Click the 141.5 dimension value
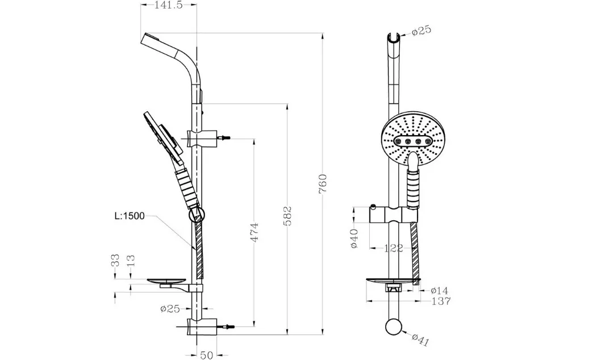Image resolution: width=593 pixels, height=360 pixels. pyautogui.click(x=168, y=5)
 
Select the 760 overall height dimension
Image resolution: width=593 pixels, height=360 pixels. pyautogui.click(x=323, y=184)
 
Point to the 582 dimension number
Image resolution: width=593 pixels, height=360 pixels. pyautogui.click(x=288, y=216)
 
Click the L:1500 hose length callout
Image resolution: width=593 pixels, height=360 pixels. pyautogui.click(x=130, y=216)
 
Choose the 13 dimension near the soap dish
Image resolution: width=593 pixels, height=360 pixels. pyautogui.click(x=131, y=261)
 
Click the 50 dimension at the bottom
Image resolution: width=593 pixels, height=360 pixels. pyautogui.click(x=207, y=355)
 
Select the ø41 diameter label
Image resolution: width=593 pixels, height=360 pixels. pyautogui.click(x=420, y=340)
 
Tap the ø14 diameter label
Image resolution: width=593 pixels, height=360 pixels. pyautogui.click(x=439, y=291)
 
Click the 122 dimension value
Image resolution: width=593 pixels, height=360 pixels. pyautogui.click(x=393, y=249)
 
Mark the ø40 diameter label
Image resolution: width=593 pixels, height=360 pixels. pyautogui.click(x=354, y=238)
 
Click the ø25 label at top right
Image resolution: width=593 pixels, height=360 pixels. pyautogui.click(x=421, y=30)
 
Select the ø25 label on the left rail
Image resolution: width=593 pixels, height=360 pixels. pyautogui.click(x=170, y=308)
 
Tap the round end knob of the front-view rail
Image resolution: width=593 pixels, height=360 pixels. pyautogui.click(x=394, y=328)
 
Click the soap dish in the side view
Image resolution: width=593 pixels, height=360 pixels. pyautogui.click(x=166, y=281)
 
